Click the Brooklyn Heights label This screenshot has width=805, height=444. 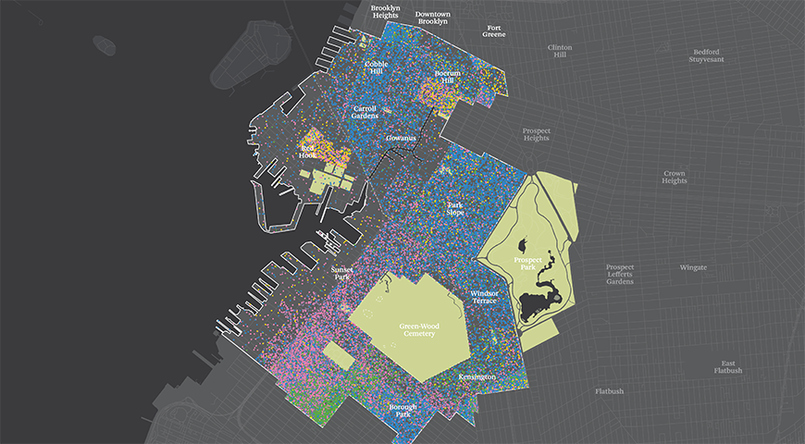[386, 12]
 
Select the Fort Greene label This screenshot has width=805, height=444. [495, 32]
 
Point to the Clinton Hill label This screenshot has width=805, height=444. [560, 51]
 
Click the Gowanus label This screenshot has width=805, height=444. [402, 138]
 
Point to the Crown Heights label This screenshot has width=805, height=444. [674, 177]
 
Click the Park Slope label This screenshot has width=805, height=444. [455, 209]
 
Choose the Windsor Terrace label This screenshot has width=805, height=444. [484, 297]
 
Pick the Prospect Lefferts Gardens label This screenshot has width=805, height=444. [620, 274]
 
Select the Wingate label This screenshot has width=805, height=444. [693, 267]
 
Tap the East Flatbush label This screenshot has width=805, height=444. [728, 367]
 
